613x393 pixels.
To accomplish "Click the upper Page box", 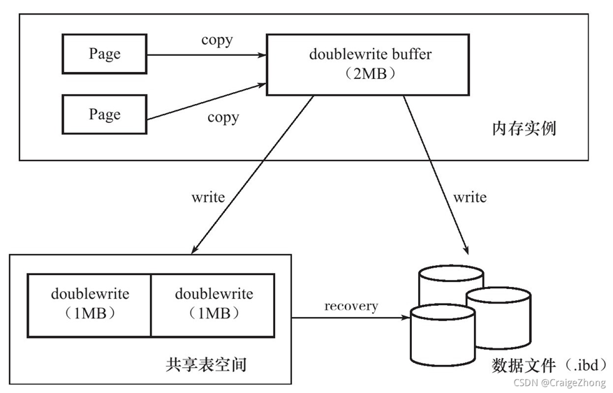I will point(104,54).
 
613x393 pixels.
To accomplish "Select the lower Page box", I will point(104,114).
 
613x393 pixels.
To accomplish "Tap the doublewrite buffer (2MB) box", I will point(369,64).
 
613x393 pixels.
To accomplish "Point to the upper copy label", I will point(216,40).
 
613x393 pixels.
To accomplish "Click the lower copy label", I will point(223,117).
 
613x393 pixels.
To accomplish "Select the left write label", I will point(208,198).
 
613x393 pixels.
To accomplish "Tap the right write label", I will point(469,198).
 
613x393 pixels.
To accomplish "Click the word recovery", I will point(350,306).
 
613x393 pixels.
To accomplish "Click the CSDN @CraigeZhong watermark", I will point(559,383).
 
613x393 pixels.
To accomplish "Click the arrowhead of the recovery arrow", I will point(406,318).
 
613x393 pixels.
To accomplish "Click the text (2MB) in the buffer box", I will point(369,74).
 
